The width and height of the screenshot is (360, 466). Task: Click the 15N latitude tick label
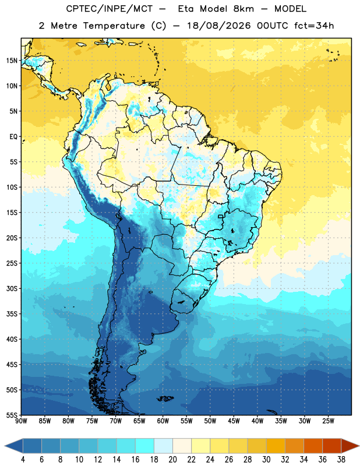[x=12, y=61]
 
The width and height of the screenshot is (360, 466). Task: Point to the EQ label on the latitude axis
[x=13, y=137]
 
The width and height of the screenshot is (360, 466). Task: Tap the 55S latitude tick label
[x=12, y=415]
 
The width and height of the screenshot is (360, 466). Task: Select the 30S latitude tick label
[x=12, y=288]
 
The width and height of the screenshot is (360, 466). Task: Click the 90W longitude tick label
[x=21, y=421]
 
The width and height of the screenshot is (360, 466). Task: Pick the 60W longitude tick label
[x=163, y=421]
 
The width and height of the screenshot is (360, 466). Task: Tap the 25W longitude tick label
[x=328, y=421]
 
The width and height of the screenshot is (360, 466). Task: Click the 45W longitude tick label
[x=234, y=421]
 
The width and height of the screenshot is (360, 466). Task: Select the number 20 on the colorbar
[x=172, y=460]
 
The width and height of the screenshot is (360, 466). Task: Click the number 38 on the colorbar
[x=341, y=460]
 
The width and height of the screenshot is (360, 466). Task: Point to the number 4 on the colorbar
[x=23, y=460]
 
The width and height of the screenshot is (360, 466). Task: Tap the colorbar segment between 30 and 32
[x=276, y=446]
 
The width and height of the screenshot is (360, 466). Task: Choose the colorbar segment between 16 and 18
[x=145, y=446]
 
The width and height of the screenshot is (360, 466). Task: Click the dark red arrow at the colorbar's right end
[x=350, y=446]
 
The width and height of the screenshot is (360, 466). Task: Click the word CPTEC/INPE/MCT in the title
[x=109, y=9]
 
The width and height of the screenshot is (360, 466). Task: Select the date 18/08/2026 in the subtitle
[x=218, y=26]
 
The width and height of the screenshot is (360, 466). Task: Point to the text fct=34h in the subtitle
[x=314, y=26]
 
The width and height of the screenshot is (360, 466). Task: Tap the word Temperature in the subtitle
[x=114, y=26]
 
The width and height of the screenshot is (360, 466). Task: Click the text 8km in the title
[x=243, y=9]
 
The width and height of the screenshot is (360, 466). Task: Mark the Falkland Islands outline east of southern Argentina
[x=165, y=398]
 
